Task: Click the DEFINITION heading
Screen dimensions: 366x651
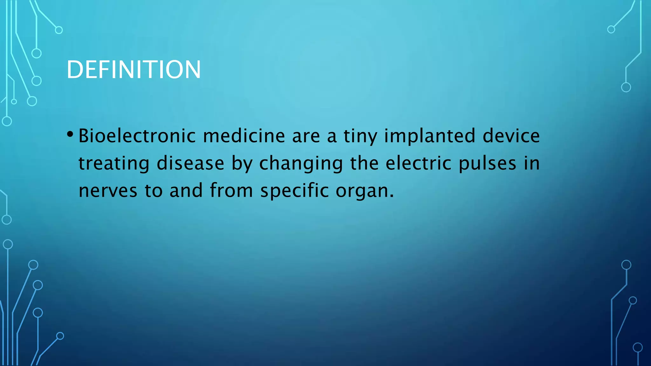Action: coord(134,70)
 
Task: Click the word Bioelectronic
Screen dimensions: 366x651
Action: coord(137,136)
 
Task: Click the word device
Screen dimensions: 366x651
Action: coord(511,136)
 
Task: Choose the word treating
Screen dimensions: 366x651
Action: coord(114,164)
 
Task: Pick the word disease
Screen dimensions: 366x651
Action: coord(190,163)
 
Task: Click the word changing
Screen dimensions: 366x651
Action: coord(301,164)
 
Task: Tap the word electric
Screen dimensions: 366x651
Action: coord(418,163)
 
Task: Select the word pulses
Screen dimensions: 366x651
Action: coord(487,164)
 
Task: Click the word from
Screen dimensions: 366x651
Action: coord(231,191)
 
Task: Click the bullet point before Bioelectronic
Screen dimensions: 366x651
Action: coord(70,134)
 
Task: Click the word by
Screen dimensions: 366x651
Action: coord(242,164)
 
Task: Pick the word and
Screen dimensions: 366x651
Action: coord(186,191)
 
